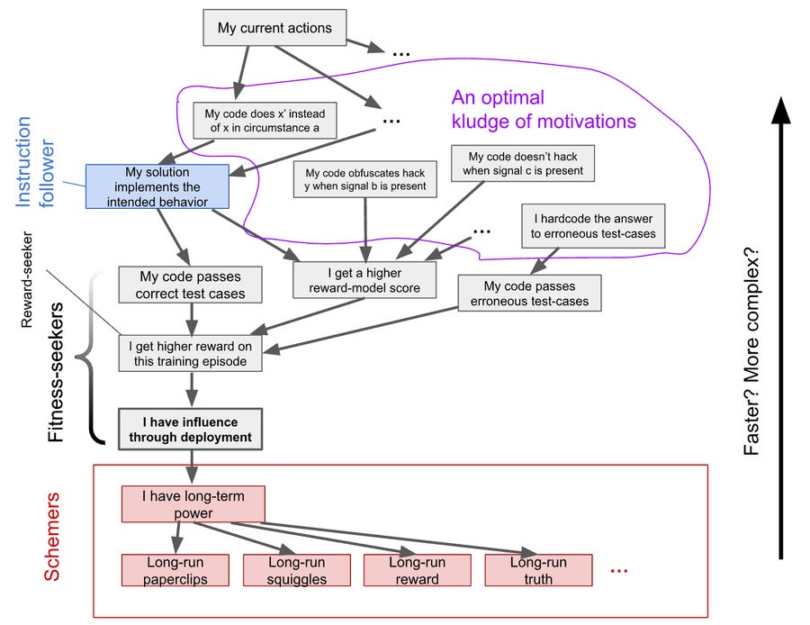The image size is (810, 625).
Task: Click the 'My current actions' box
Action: [274, 27]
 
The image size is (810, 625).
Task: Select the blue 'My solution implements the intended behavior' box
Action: [157, 186]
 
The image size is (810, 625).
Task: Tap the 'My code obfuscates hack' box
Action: [365, 179]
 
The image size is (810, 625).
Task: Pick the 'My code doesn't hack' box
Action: [523, 163]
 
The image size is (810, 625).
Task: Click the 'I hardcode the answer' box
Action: [593, 226]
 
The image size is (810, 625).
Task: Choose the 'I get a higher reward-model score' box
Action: [364, 280]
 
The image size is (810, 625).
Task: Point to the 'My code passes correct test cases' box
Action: [190, 285]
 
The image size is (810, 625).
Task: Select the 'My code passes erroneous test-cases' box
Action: [529, 293]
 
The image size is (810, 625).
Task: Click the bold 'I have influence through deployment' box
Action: [190, 429]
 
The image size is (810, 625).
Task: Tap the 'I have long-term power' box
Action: [193, 504]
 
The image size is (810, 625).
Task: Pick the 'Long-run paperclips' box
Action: [175, 570]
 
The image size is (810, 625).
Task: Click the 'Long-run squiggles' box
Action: [296, 570]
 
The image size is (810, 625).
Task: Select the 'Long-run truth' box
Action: [538, 570]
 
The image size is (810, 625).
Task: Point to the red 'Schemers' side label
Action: [51, 537]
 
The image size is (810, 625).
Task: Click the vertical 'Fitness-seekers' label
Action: [55, 372]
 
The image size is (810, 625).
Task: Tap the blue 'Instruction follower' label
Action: [35, 162]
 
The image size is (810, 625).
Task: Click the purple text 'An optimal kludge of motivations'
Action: [544, 109]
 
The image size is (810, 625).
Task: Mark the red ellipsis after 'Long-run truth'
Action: [619, 571]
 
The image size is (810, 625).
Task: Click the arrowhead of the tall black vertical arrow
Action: [780, 110]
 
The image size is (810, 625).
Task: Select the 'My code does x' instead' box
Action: [265, 121]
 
